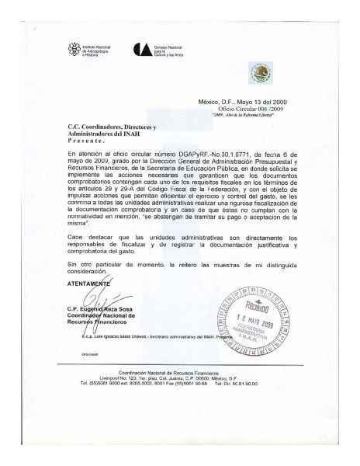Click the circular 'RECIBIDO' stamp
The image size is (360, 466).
pyautogui.click(x=254, y=308)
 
